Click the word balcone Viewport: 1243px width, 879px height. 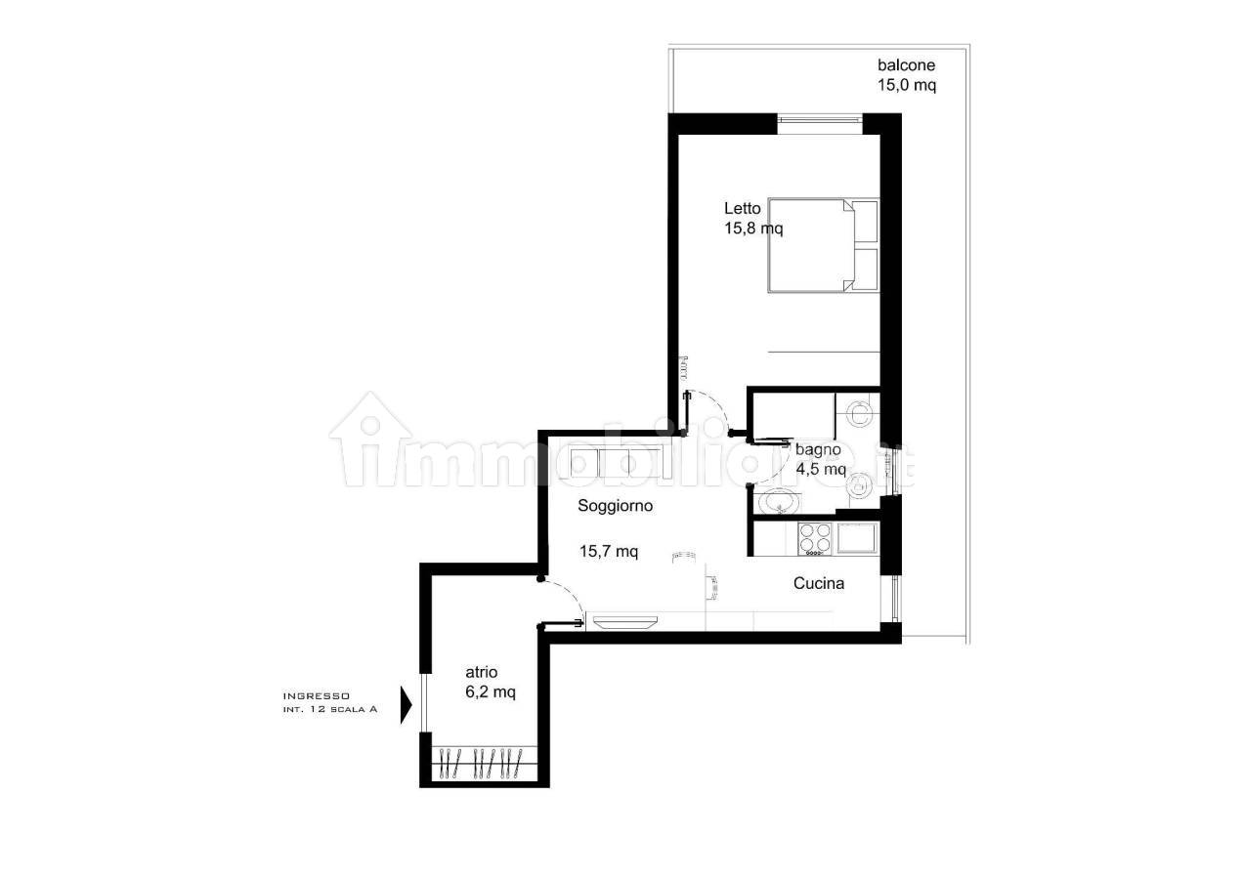pos(906,65)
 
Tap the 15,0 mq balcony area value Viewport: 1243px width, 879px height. pos(907,86)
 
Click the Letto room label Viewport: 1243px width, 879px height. pos(742,209)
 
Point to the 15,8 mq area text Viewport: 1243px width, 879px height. pos(753,229)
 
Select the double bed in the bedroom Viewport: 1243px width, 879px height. pos(824,245)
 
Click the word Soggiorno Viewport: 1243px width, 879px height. pos(615,506)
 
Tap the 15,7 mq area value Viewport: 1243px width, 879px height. pos(609,551)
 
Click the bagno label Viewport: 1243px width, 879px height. pos(818,450)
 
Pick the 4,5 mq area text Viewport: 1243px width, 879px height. pos(821,470)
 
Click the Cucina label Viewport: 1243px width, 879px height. pos(819,583)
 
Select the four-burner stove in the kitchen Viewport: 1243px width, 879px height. pos(815,539)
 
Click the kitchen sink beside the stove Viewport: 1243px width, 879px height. pos(856,538)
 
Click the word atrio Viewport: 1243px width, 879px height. pos(481,672)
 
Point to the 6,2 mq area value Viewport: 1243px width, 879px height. pos(491,692)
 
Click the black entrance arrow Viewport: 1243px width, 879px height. pos(407,704)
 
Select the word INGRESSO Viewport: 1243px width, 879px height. pos(317,696)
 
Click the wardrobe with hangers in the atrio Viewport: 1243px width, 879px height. pos(485,764)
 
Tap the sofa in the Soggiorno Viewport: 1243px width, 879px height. pos(611,461)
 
